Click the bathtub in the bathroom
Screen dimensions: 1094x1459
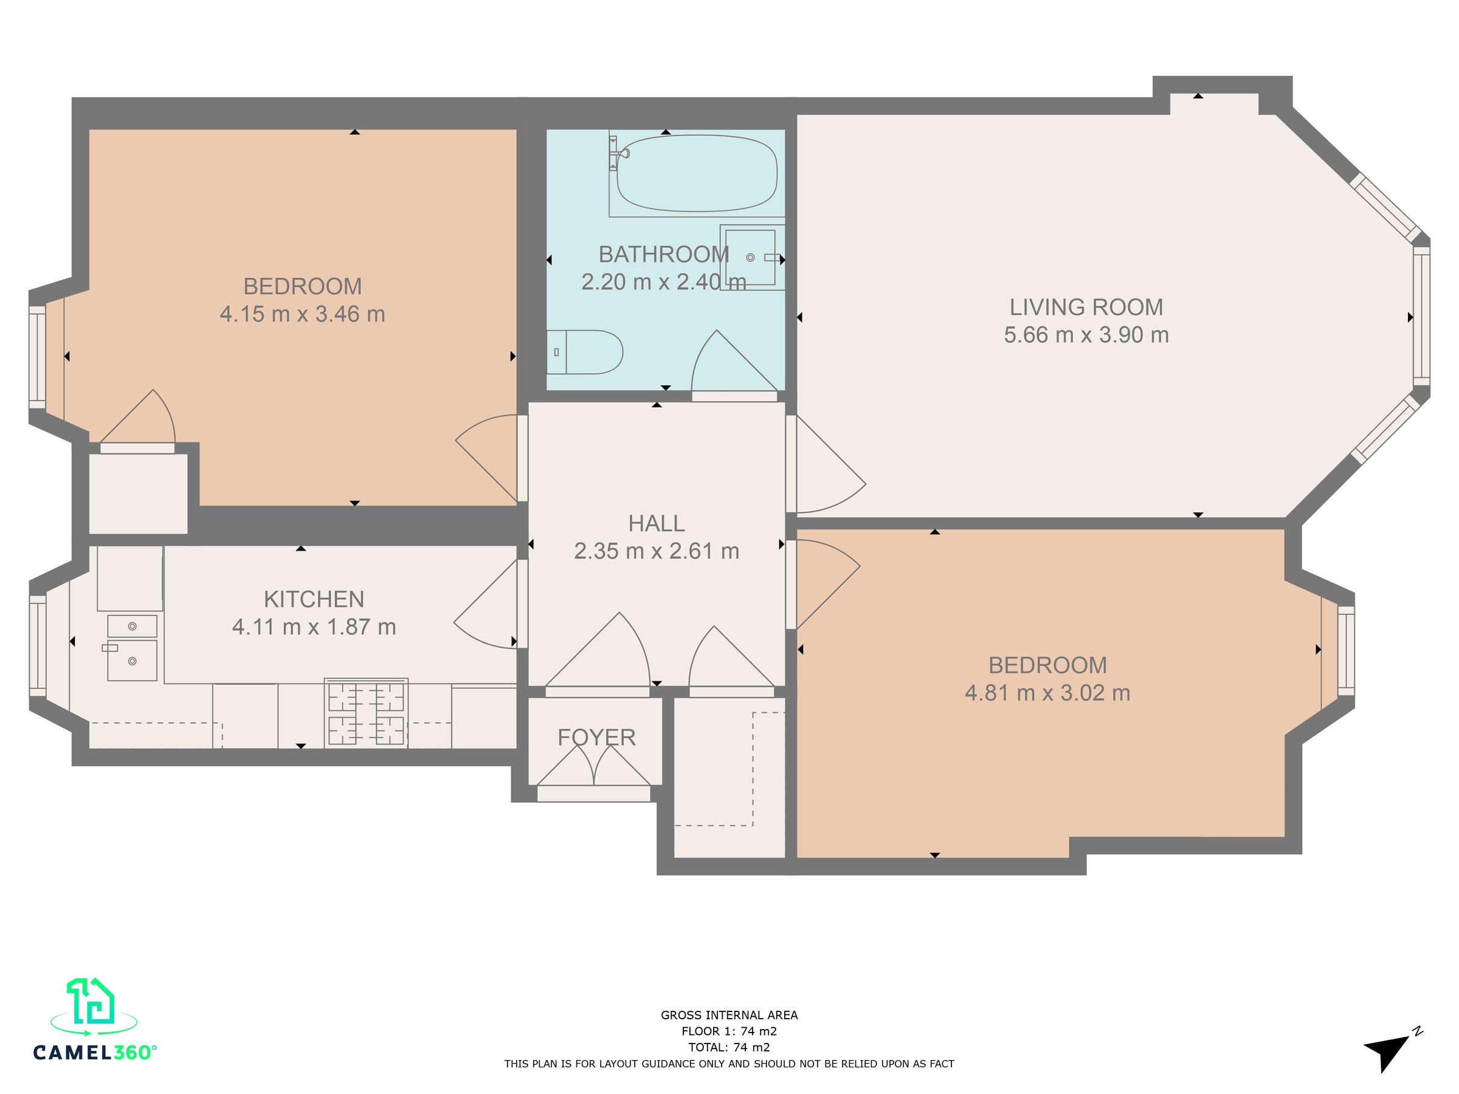click(697, 173)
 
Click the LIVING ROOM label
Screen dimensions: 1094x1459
click(1086, 308)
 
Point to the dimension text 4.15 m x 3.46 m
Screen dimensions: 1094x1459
click(302, 314)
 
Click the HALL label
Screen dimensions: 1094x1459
click(657, 523)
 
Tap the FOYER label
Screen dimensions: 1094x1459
click(596, 737)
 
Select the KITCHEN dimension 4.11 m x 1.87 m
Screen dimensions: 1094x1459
click(314, 627)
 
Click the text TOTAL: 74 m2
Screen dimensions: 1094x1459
click(729, 1047)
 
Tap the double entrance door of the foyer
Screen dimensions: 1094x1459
click(593, 768)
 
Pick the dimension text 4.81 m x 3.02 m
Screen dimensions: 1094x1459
click(1047, 693)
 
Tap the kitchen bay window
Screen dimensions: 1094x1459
click(38, 645)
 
